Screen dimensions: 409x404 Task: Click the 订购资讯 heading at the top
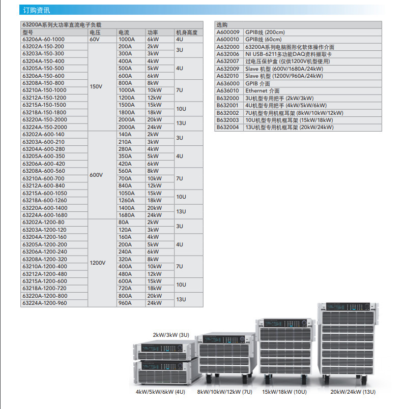37,10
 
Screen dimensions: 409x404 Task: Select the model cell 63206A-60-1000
43,39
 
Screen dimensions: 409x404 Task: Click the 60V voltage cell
95,39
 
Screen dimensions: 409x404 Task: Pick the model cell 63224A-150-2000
45,127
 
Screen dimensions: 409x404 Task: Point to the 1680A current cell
127,215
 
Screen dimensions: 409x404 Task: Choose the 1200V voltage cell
98,263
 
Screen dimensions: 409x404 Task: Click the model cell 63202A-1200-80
43,223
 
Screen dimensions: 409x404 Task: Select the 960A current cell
125,303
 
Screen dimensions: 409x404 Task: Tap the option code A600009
228,32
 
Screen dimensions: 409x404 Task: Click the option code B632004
228,128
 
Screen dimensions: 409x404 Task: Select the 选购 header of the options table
222,24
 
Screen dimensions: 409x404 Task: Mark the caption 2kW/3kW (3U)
171,335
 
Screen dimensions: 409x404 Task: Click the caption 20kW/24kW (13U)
353,392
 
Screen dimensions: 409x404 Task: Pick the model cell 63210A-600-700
43,178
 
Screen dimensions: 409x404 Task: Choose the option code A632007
228,61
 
